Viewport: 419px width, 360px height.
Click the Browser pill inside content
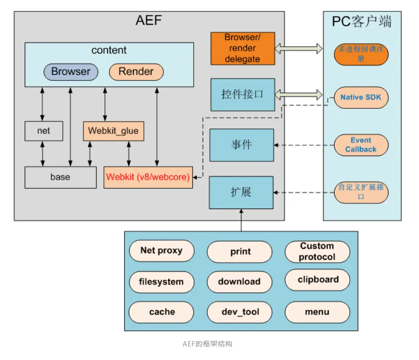click(71, 71)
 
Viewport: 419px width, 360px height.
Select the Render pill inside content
click(136, 71)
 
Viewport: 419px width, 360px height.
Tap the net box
click(44, 131)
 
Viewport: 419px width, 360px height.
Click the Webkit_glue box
click(113, 131)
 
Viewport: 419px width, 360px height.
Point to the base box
click(60, 177)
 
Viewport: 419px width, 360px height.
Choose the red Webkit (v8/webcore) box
click(148, 177)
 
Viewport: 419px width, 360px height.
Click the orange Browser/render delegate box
click(242, 48)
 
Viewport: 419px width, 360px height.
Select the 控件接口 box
click(242, 95)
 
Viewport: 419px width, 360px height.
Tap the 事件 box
click(241, 145)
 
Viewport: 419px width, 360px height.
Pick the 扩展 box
click(241, 192)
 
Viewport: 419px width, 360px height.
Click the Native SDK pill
click(361, 97)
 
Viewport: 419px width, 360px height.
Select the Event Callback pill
click(361, 145)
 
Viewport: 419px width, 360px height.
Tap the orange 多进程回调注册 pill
click(361, 54)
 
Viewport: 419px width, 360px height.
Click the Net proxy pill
click(161, 251)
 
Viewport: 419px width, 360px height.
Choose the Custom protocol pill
click(317, 252)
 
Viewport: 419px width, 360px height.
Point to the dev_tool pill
click(240, 312)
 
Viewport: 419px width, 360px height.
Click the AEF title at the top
click(149, 21)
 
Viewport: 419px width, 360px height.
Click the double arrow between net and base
click(43, 154)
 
